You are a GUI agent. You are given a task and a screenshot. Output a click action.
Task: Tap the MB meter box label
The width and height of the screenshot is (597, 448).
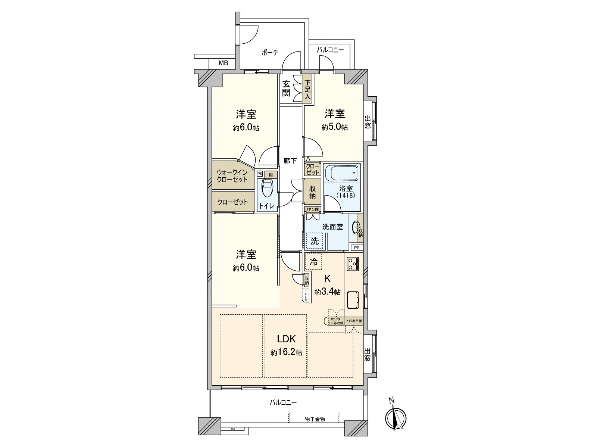point(223,63)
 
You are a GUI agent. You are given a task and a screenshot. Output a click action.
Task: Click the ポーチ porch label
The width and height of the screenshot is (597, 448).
point(270,53)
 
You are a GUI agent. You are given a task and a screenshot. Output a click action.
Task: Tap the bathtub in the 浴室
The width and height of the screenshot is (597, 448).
point(342,173)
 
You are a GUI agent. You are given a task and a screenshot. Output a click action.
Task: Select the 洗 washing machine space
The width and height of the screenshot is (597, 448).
point(315,241)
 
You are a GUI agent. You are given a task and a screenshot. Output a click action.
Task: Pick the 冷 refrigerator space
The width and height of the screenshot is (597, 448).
point(314,262)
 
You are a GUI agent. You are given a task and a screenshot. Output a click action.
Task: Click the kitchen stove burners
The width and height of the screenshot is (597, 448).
point(353,264)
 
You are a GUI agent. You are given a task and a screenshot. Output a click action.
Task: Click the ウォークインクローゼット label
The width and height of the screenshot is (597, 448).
point(232,175)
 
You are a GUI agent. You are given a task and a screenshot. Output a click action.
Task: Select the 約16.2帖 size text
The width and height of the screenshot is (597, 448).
point(286,352)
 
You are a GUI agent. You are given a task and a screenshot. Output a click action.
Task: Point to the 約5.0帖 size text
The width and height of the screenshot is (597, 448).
point(335,127)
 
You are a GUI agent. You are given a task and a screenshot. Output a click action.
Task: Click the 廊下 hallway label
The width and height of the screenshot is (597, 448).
point(290,161)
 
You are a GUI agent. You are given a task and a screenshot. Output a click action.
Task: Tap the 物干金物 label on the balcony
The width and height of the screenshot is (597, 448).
point(315,419)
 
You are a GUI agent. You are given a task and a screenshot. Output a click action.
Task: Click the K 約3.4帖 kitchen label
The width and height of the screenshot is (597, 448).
point(327,285)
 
